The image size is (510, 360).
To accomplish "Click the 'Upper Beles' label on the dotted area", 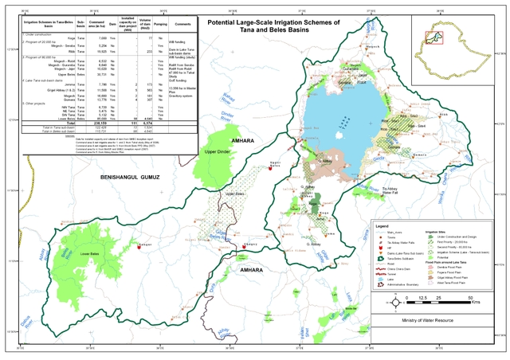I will (234, 193).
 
